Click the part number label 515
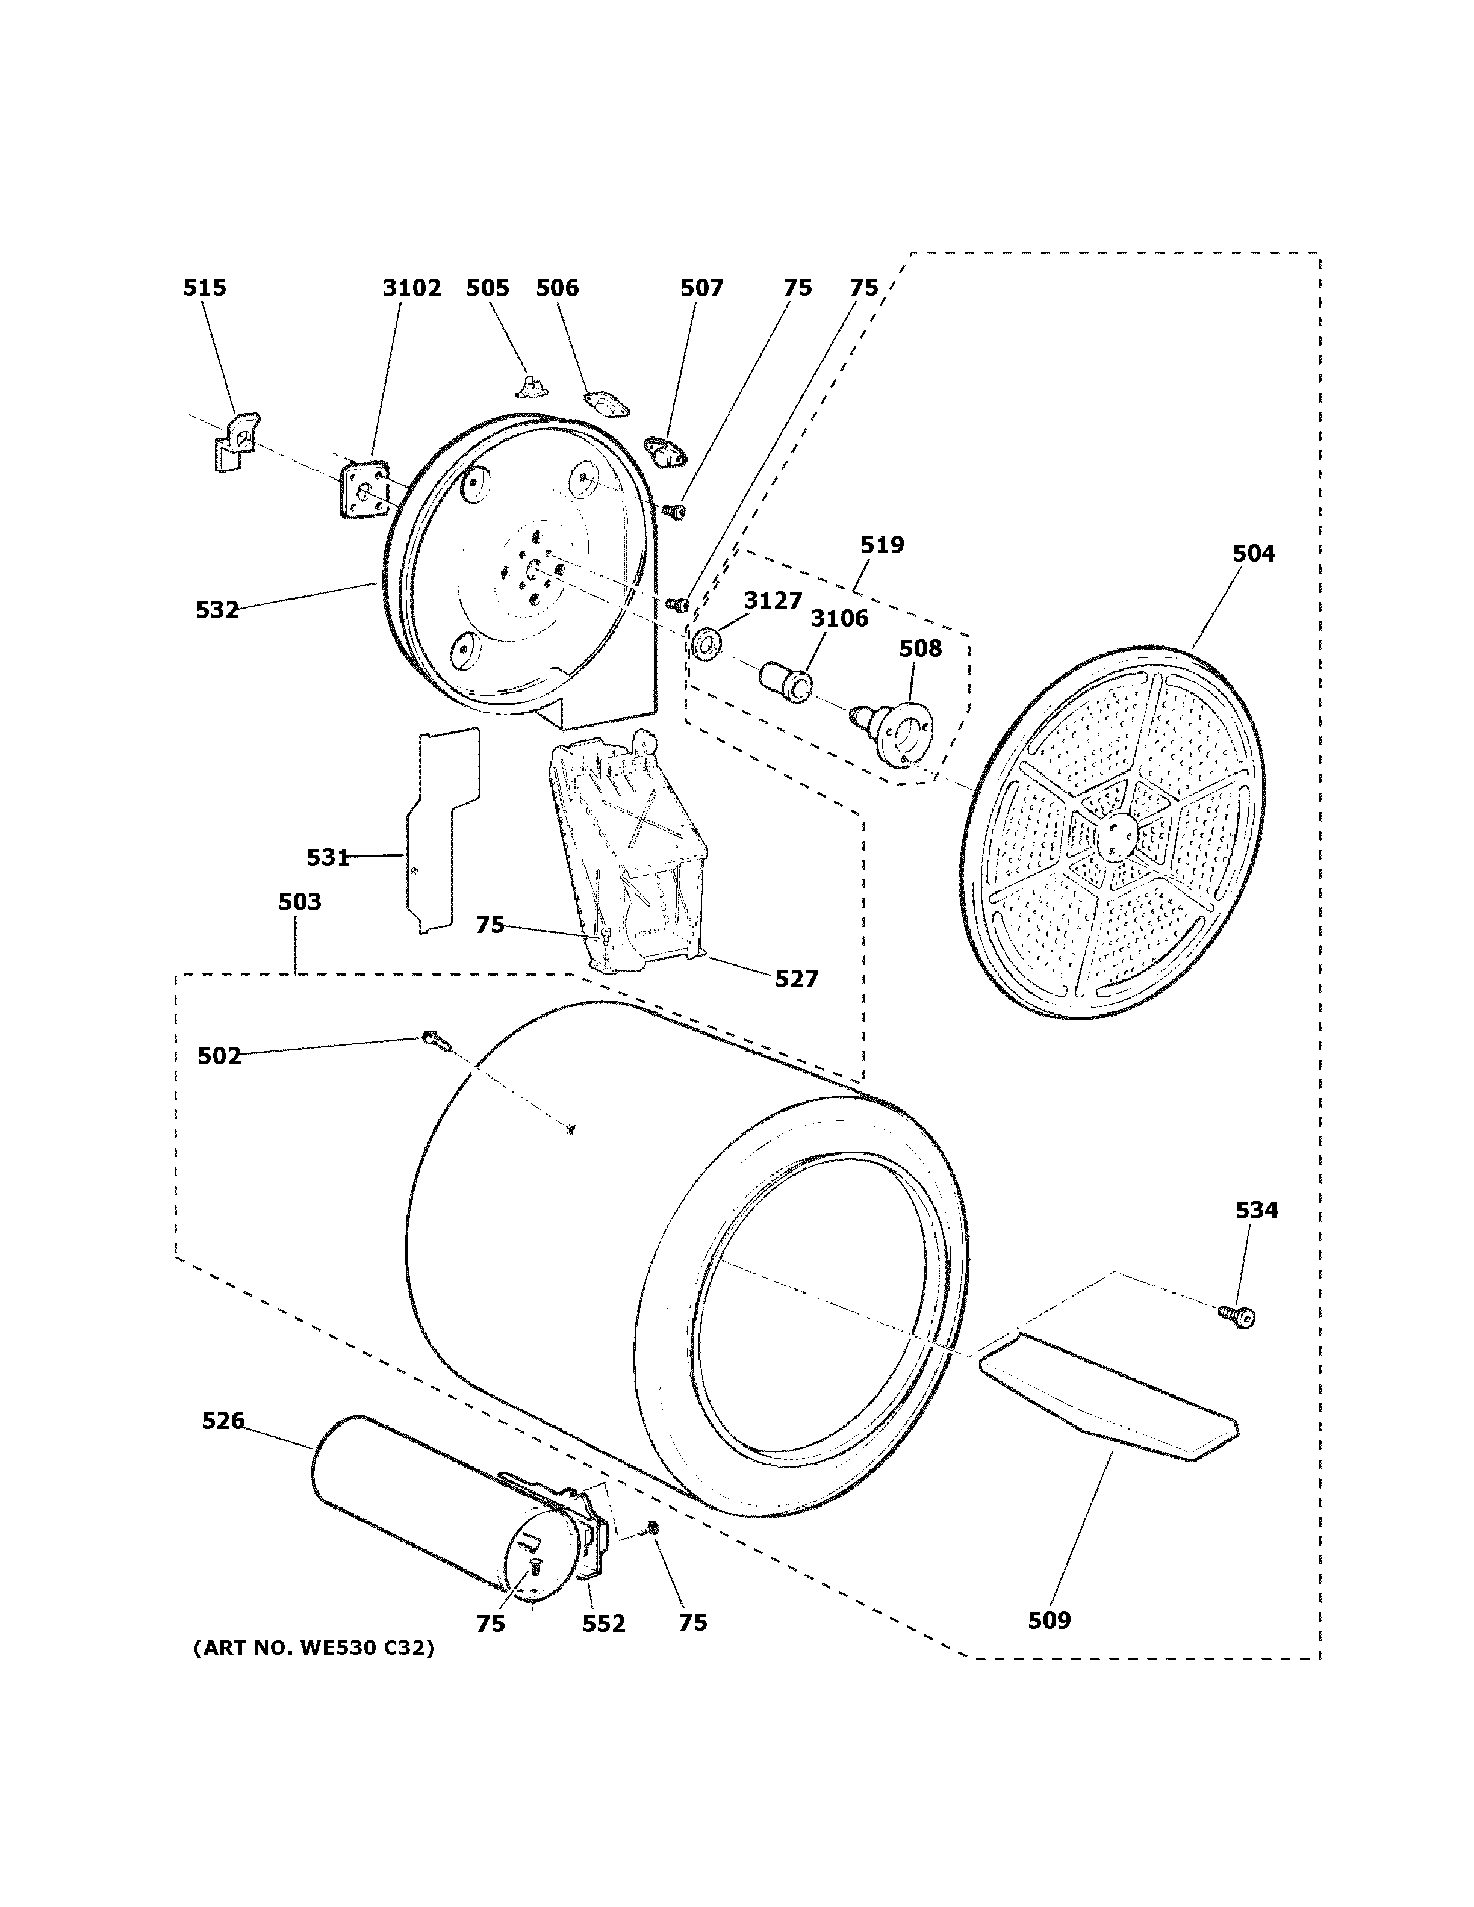[x=204, y=287]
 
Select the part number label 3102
[x=411, y=287]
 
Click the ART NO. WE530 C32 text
[x=314, y=1648]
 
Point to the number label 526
[x=223, y=1421]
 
